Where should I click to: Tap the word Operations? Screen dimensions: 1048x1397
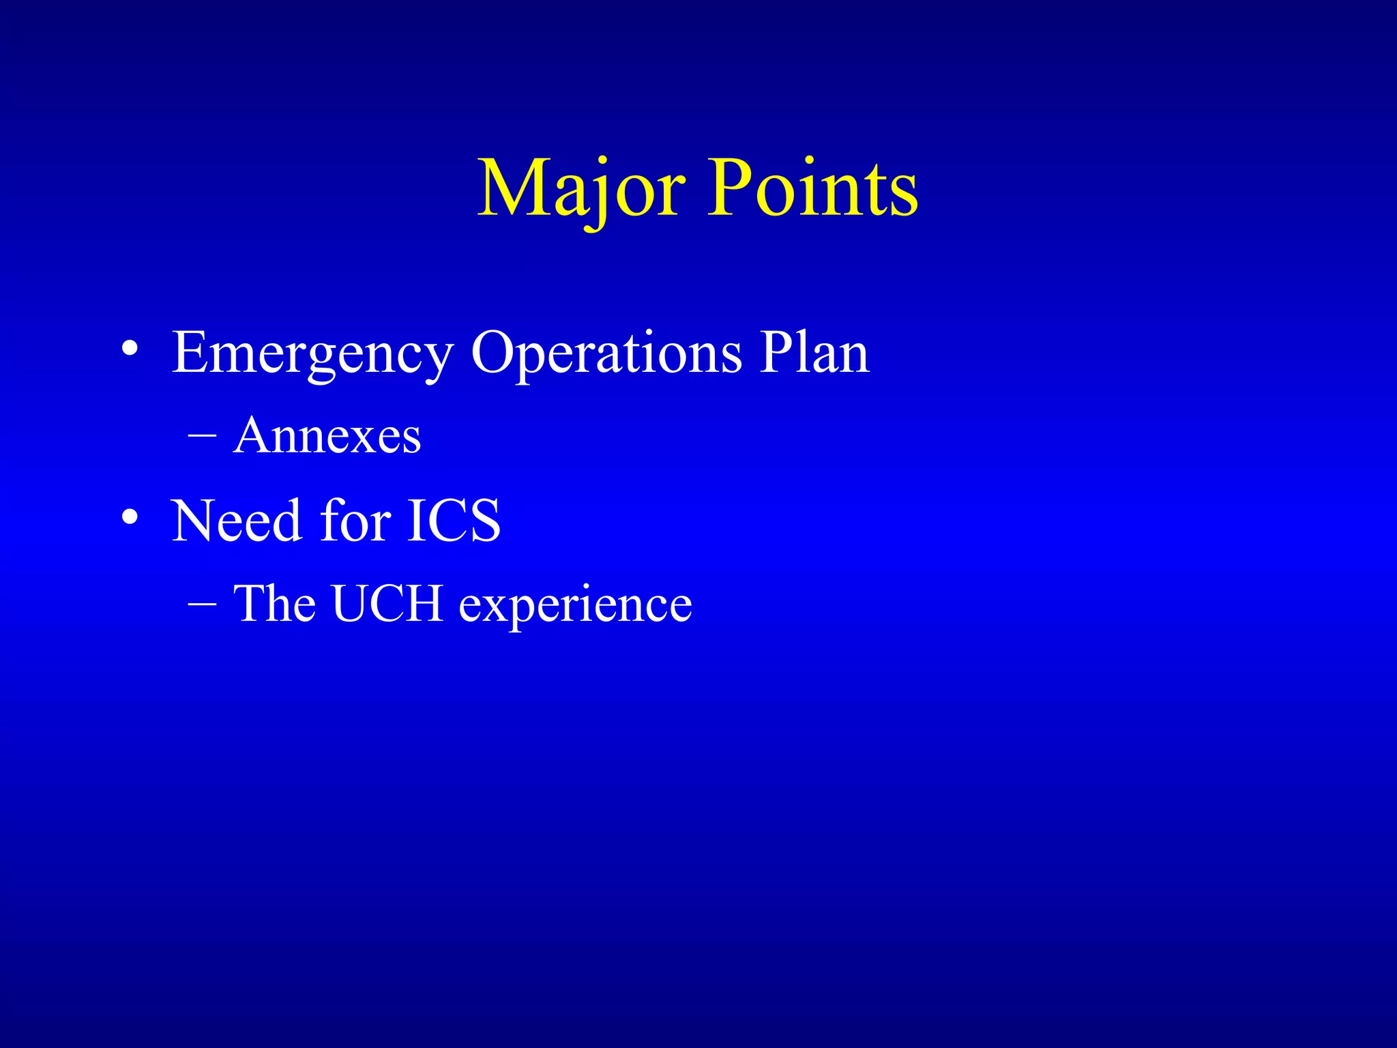(x=606, y=354)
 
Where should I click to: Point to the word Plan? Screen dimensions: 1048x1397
(x=814, y=353)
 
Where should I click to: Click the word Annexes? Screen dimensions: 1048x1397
(x=327, y=436)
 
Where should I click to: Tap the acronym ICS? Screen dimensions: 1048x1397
(x=454, y=521)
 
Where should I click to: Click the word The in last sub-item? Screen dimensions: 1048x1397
(x=274, y=604)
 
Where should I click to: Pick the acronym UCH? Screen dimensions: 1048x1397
(x=387, y=604)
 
